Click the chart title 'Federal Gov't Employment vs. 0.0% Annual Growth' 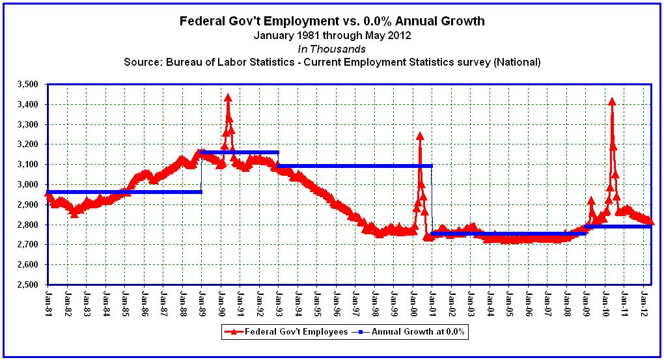coord(332,21)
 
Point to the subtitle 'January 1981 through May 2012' coord(332,35)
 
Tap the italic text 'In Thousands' coord(332,49)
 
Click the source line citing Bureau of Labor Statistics coord(332,62)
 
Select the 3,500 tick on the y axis coord(28,84)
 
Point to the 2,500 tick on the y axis coord(28,284)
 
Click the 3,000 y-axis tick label coord(28,184)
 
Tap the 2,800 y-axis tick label coord(28,225)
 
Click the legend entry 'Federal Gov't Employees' coord(286,331)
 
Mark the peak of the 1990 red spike coord(228,98)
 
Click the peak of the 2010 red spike coord(612,101)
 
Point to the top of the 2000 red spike coord(420,136)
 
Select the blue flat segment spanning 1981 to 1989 coord(124,191)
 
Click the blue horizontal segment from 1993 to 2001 coord(355,166)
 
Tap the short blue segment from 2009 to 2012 coord(618,227)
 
